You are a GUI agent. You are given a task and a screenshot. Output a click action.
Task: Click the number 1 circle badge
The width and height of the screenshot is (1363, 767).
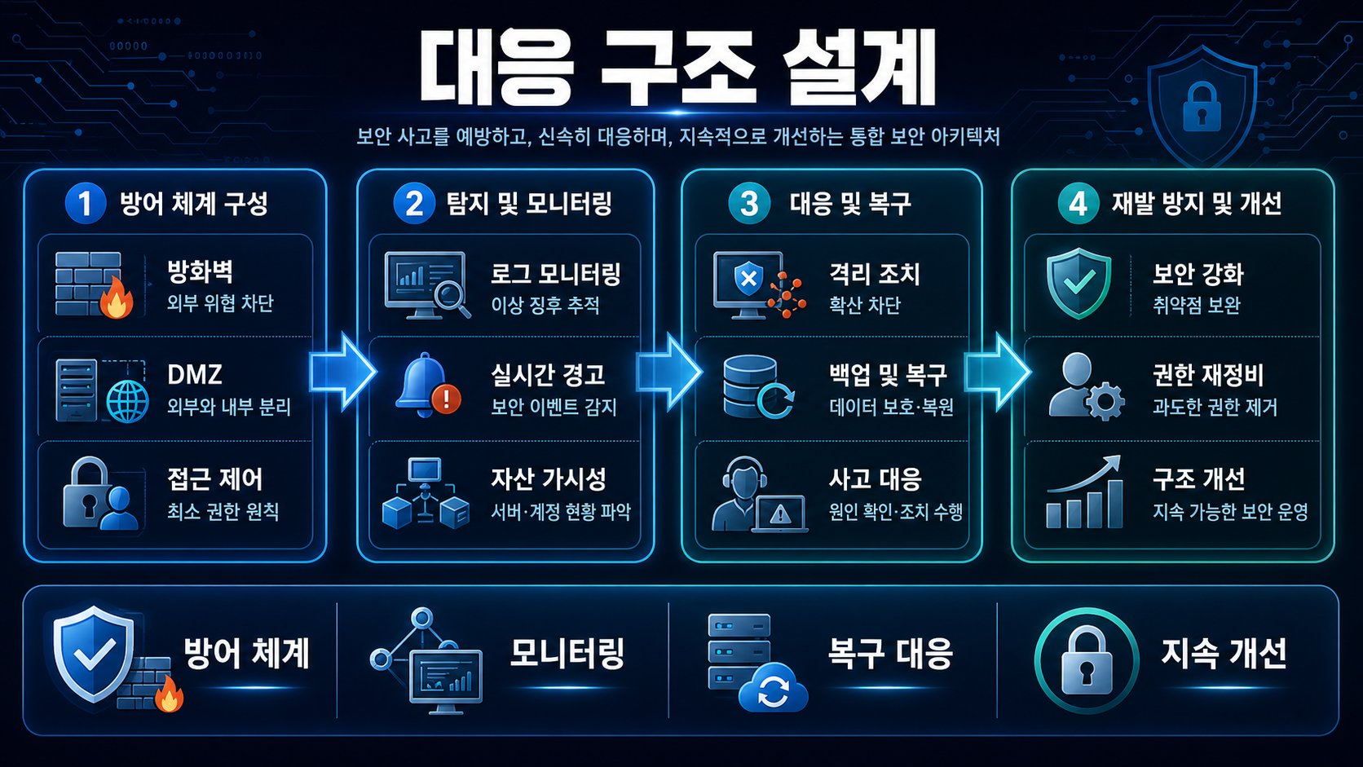(x=85, y=203)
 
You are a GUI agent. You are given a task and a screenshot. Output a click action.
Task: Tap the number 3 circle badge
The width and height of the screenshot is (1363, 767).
(x=749, y=203)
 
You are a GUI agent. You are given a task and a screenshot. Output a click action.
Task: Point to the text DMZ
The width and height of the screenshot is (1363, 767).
(x=194, y=375)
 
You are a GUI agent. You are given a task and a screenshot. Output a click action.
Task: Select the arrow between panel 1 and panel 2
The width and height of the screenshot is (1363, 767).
(x=342, y=372)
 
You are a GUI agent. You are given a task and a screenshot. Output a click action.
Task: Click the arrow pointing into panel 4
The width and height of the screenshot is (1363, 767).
(x=997, y=372)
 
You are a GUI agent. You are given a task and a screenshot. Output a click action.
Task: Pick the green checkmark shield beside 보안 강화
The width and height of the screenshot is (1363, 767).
(x=1078, y=284)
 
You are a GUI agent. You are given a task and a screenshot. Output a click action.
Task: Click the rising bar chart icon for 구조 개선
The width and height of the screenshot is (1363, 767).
(x=1084, y=491)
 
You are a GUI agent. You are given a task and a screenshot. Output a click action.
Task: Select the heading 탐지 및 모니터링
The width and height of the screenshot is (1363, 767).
(x=529, y=203)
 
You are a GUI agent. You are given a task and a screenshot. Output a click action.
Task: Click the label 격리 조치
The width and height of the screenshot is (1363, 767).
(x=875, y=275)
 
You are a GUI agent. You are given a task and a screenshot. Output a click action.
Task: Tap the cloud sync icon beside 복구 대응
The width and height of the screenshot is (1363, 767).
(x=773, y=689)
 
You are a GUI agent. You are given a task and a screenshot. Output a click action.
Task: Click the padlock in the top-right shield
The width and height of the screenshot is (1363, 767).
(x=1201, y=108)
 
